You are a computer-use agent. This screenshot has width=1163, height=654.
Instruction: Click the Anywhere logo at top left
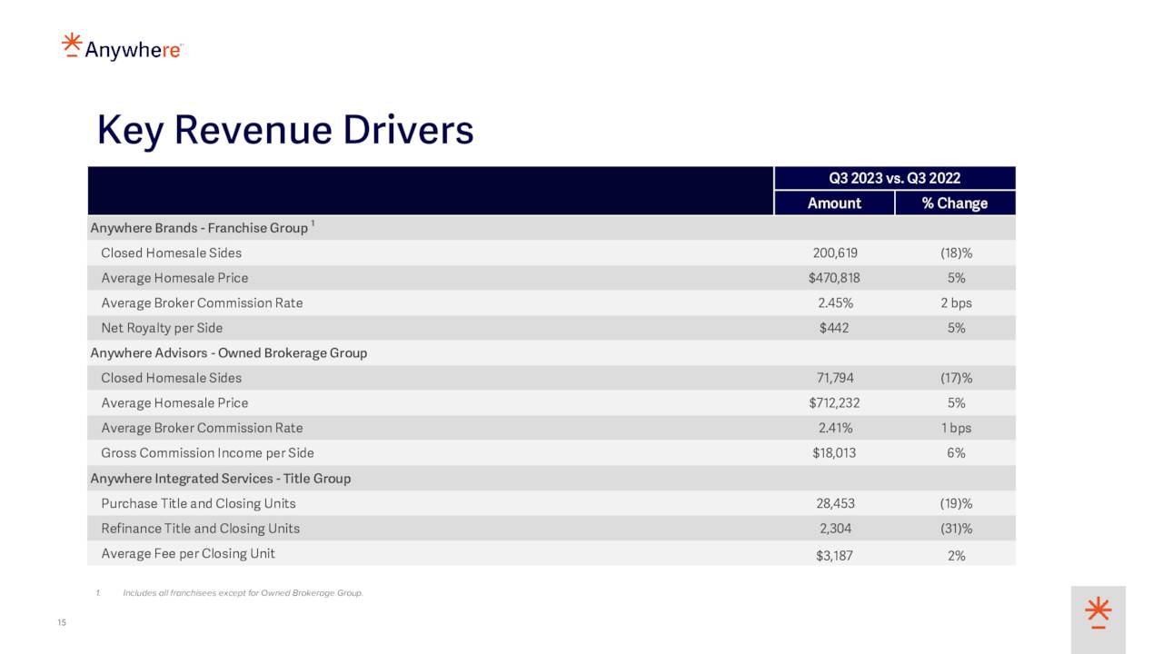122,47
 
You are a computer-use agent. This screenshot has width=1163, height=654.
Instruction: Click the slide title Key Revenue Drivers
285,130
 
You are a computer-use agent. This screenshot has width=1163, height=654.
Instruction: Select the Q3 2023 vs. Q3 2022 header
894,178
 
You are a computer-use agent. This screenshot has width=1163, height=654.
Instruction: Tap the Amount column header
834,203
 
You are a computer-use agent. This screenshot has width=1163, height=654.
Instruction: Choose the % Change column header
954,203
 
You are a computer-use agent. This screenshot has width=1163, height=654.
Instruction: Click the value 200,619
834,253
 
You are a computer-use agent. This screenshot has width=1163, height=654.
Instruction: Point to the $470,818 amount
834,278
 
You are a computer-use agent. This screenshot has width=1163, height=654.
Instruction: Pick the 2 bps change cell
956,303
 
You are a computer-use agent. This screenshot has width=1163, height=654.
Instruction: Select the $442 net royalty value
834,328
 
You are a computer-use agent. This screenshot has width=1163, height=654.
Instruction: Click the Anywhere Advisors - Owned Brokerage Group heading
228,353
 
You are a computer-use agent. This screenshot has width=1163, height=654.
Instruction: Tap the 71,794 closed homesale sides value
834,378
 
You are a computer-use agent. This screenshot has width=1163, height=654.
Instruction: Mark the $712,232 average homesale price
834,403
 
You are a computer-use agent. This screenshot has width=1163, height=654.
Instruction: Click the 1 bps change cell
956,428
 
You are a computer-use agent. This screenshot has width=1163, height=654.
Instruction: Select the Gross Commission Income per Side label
207,453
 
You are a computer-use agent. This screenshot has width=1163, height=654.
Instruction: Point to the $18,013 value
834,453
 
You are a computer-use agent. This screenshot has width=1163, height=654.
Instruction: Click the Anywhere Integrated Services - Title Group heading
220,479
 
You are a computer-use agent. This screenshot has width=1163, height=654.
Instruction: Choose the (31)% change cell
956,529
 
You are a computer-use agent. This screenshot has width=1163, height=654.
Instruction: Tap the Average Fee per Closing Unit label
188,554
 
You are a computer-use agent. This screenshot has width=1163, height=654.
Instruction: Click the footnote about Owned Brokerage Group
242,594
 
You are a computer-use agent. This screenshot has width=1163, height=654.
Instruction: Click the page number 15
62,622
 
